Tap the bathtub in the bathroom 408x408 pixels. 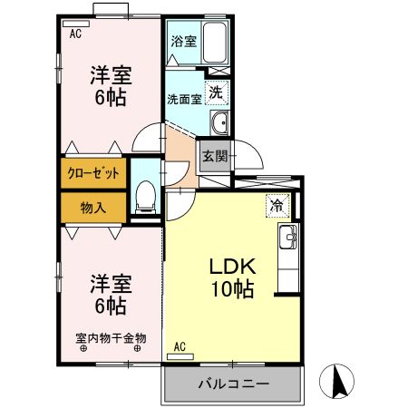tap(214, 42)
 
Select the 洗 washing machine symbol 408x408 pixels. tap(216, 92)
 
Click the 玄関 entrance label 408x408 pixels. tap(214, 155)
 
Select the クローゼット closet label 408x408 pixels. tap(94, 172)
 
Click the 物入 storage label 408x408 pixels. tap(93, 207)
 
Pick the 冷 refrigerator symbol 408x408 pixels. tap(275, 206)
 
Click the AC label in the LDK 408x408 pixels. tap(180, 345)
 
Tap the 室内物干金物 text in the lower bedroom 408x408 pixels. tap(111, 337)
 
